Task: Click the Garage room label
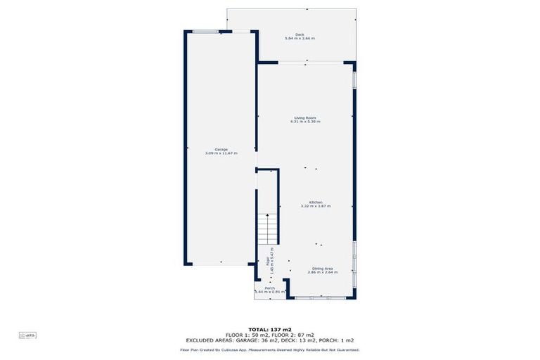[221, 149]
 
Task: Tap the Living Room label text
[304, 117]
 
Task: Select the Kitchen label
[315, 202]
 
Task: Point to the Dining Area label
[323, 268]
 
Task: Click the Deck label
[300, 34]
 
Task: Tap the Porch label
[269, 288]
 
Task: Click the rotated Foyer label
[268, 260]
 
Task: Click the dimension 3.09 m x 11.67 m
[221, 153]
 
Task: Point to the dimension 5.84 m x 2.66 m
[300, 39]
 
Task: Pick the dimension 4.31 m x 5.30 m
[304, 122]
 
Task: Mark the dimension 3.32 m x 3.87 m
[315, 206]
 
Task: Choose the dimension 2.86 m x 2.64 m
[323, 272]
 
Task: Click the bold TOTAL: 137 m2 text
[270, 329]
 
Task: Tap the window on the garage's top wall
[205, 31]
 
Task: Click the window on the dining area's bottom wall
[320, 298]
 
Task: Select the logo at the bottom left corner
[28, 335]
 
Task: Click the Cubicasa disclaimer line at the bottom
[270, 349]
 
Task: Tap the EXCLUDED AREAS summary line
[270, 340]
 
